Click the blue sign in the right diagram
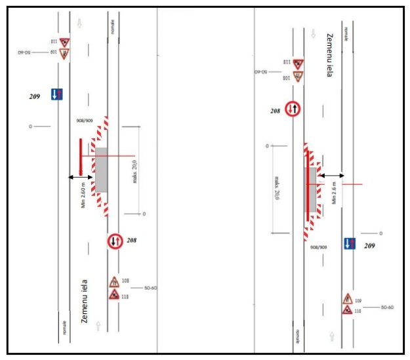pos(351,244)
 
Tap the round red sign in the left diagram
pos(115,241)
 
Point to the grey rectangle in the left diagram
pos(102,170)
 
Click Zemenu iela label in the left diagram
pos(84,301)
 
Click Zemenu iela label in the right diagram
pos(329,56)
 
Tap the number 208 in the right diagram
pos(276,111)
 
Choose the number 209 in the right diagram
pos(370,246)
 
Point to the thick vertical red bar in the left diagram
pos(81,157)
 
